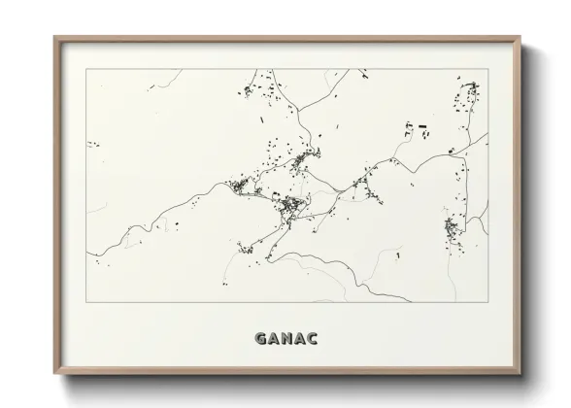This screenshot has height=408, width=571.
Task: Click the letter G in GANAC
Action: [x=261, y=339]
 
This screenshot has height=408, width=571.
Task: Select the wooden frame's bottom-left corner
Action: [x=54, y=374]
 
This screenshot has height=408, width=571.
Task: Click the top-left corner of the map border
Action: [x=85, y=69]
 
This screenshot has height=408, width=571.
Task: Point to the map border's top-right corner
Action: [x=487, y=69]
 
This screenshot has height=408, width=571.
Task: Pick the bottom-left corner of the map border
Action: [x=85, y=301]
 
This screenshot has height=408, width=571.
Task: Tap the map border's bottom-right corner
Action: [x=487, y=301]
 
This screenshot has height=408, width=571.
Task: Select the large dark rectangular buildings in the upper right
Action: [x=418, y=126]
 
